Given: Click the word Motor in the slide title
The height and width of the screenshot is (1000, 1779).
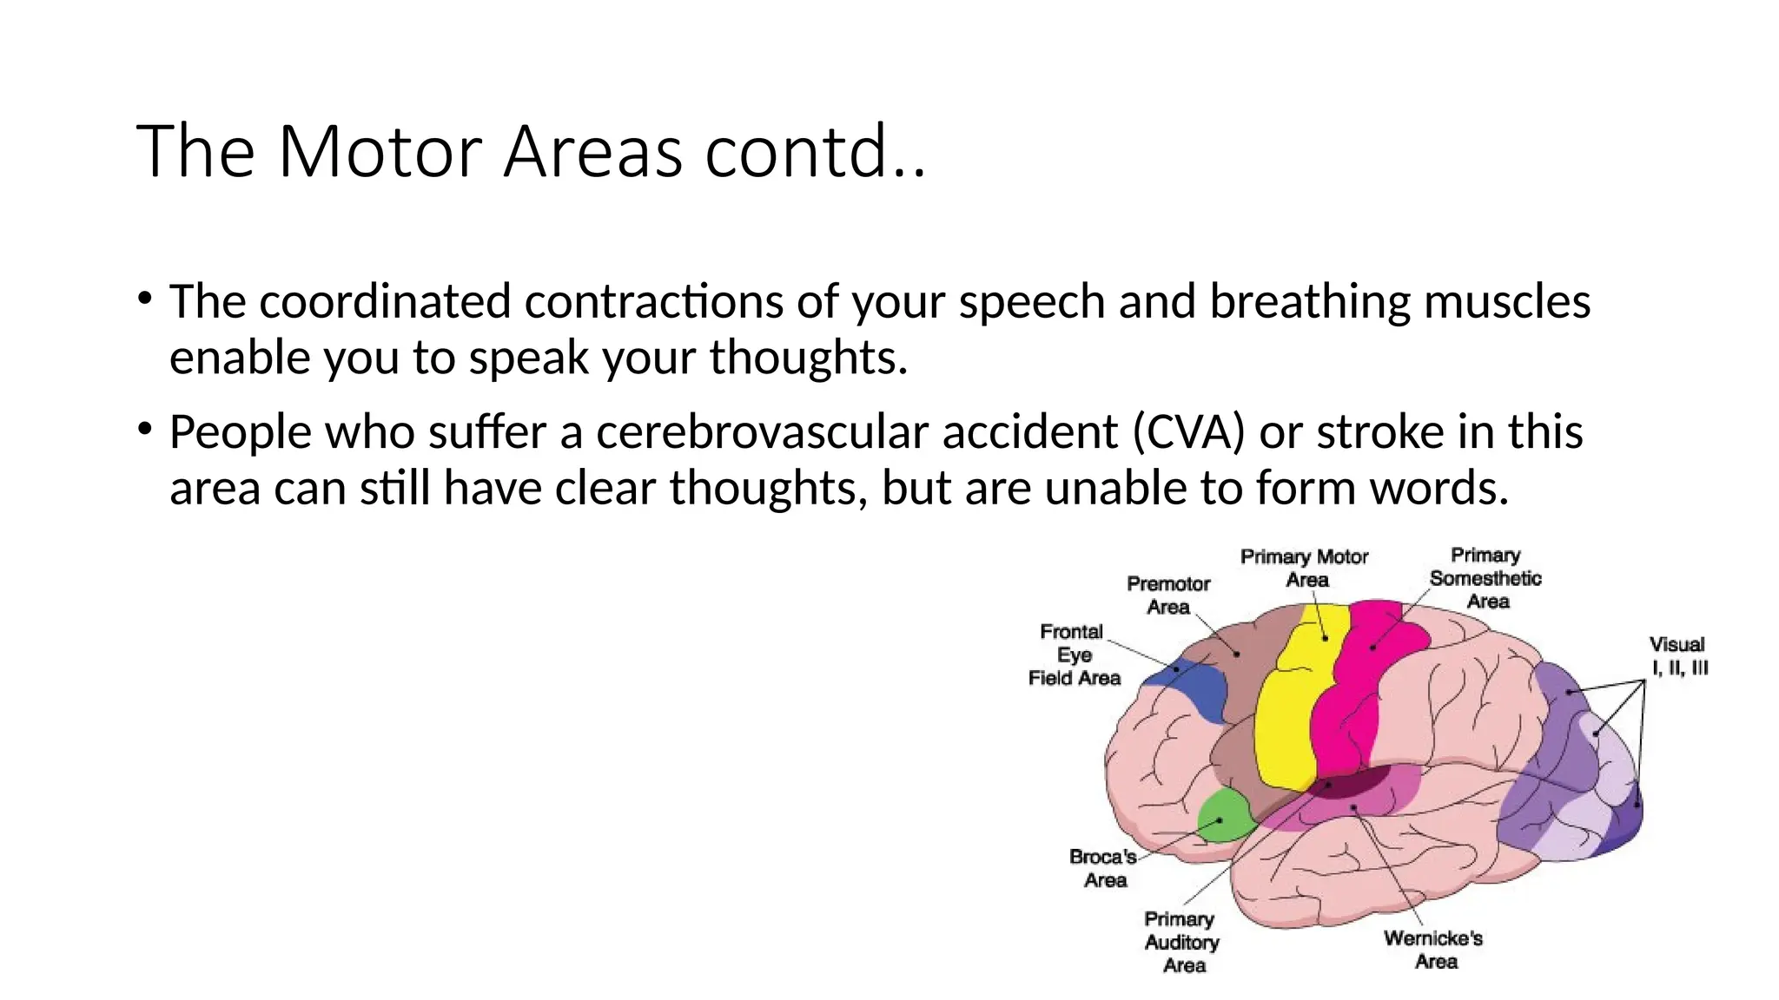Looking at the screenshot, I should click(x=380, y=152).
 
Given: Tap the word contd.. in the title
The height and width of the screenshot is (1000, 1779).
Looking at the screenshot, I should click(x=815, y=152).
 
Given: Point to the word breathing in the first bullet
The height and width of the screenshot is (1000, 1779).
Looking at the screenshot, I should click(x=1309, y=301).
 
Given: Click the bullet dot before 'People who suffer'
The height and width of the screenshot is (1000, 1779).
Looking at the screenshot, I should click(x=145, y=428).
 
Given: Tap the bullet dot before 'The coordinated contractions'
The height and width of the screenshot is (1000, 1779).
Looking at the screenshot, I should click(x=145, y=298).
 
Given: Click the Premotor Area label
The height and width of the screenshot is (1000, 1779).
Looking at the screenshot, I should click(x=1168, y=595).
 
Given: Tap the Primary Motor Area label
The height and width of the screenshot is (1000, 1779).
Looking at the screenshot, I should click(x=1305, y=568).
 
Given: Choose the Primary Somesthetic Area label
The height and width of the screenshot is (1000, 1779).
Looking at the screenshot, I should click(x=1485, y=578).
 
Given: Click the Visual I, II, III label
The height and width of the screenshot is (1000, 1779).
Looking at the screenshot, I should click(x=1678, y=656).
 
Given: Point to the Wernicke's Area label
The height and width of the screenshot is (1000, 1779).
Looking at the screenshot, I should click(x=1433, y=950).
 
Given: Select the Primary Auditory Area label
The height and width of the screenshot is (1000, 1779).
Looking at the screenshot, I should click(x=1181, y=942).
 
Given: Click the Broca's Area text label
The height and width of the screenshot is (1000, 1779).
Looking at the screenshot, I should click(x=1103, y=868).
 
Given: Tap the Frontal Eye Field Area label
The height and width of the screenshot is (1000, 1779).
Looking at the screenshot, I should click(x=1074, y=655).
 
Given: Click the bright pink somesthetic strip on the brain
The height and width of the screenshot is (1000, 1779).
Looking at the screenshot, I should click(x=1355, y=694).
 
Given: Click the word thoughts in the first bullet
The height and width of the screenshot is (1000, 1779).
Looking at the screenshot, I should click(x=808, y=358).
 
